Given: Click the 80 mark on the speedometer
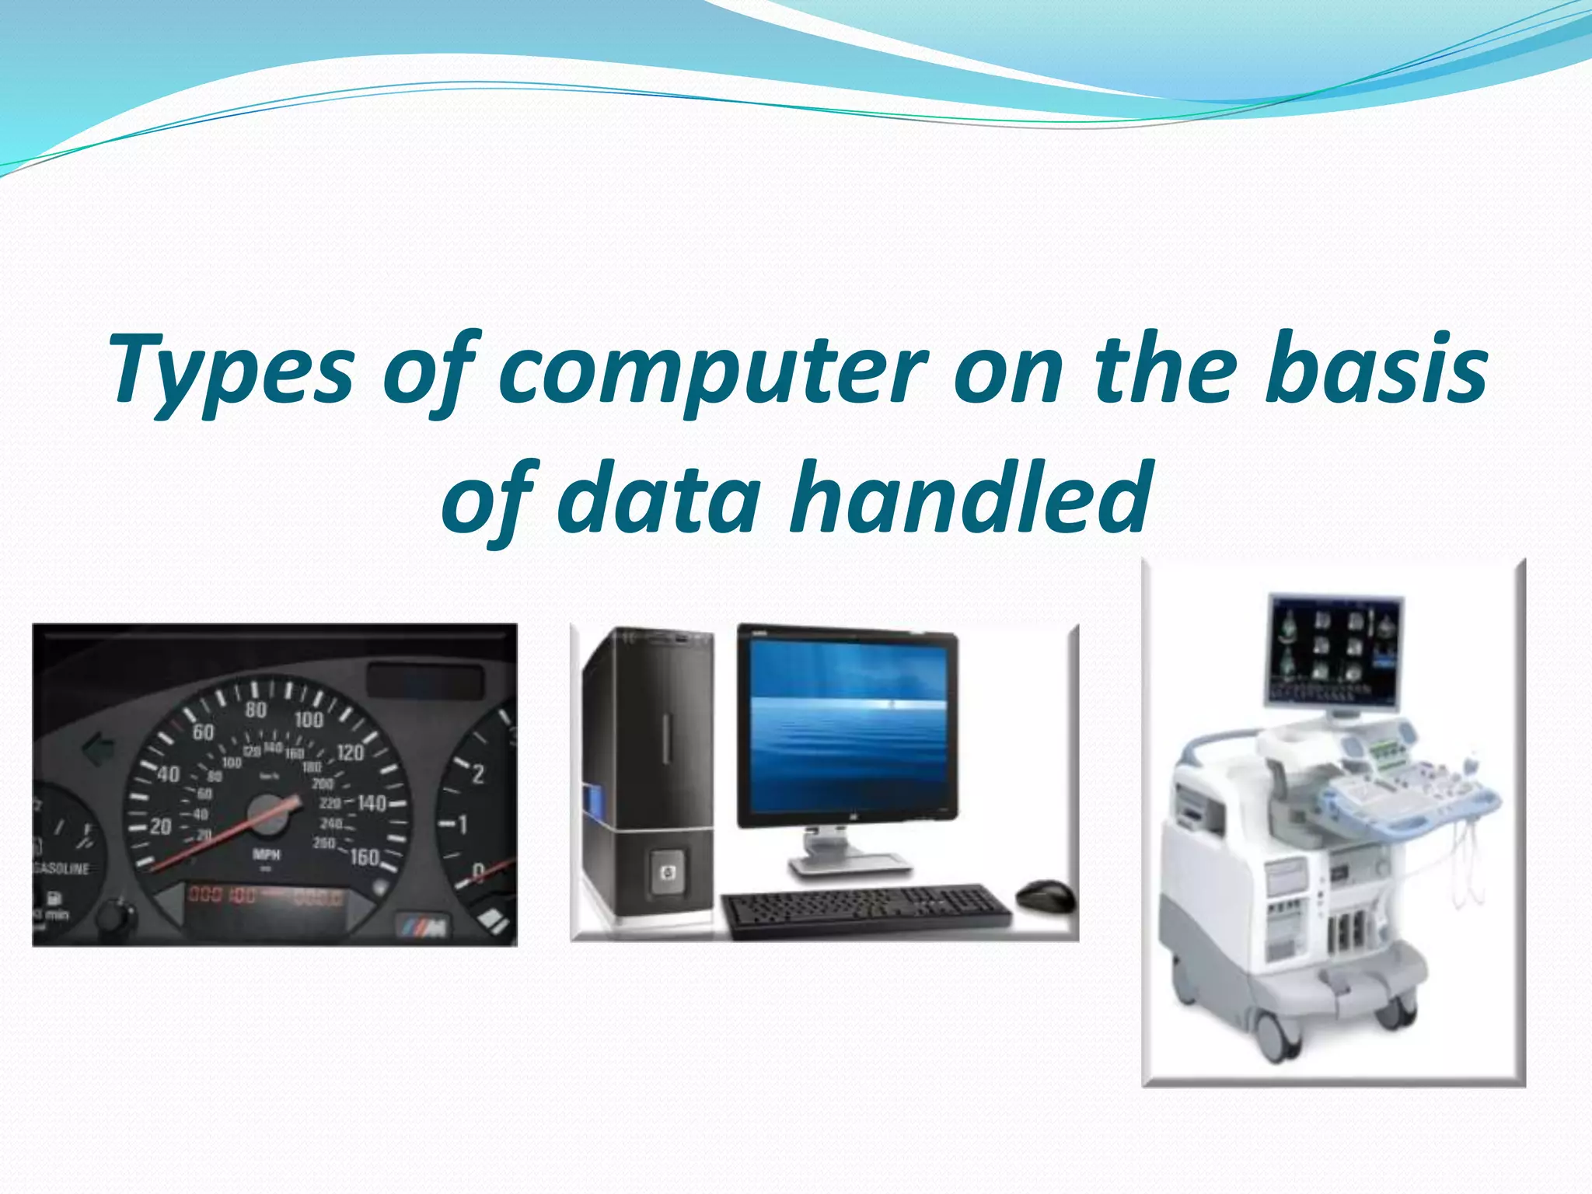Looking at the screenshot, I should coord(256,710).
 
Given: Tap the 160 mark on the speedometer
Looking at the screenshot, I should coord(364,857).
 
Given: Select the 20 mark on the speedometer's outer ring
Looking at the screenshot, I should coord(160,826).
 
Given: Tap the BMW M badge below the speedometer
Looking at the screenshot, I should coord(423,925).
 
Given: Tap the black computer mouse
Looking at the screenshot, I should coord(1045,895).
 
